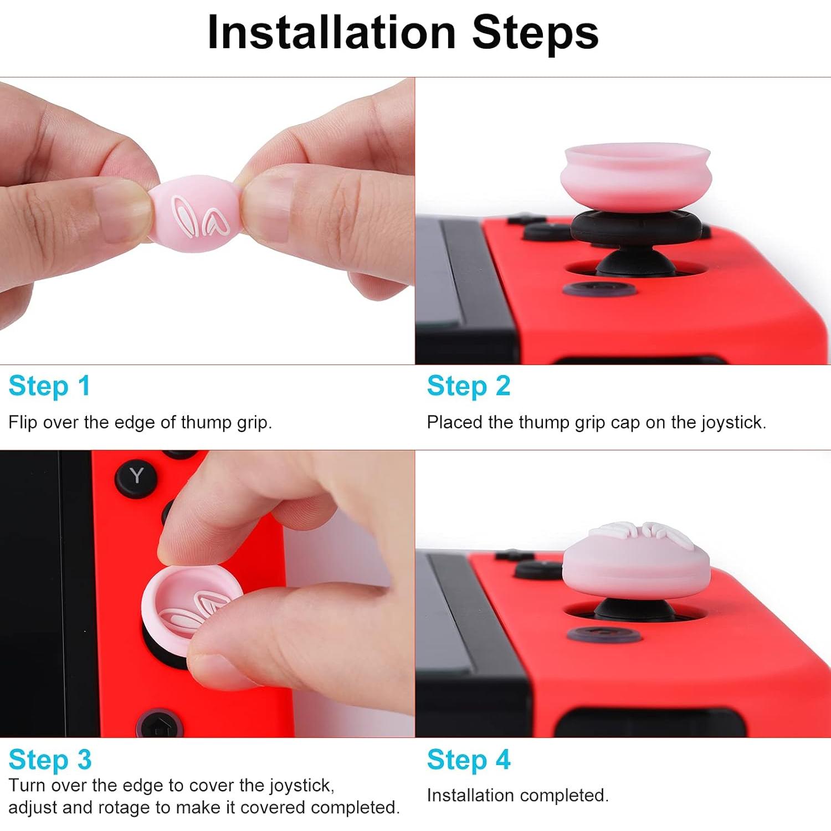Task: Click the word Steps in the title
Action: [535, 33]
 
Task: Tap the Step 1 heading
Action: [49, 386]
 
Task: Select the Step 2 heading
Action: [468, 386]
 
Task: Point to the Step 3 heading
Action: [50, 760]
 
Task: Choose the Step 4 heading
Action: [468, 760]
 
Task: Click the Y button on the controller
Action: [136, 476]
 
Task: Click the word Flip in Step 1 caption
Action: [22, 423]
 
